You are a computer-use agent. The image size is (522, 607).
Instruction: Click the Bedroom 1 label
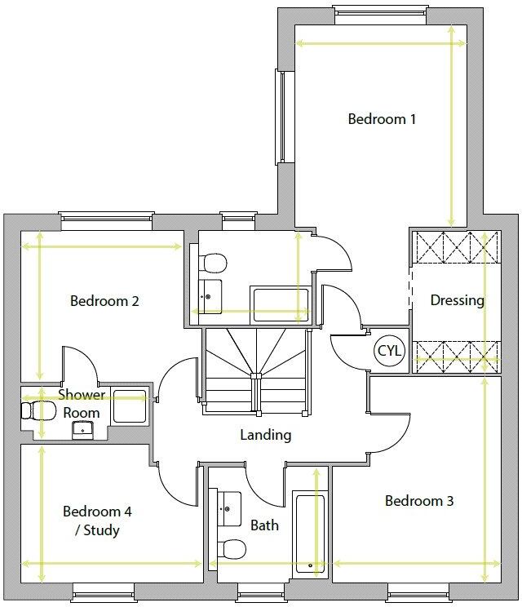pyautogui.click(x=382, y=119)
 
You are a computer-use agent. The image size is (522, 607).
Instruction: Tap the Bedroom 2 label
pyautogui.click(x=104, y=301)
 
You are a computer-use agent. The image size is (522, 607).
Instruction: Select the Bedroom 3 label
pyautogui.click(x=419, y=501)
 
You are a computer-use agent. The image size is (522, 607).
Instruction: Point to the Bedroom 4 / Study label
pyautogui.click(x=97, y=521)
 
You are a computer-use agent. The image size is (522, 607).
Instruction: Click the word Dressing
pyautogui.click(x=458, y=300)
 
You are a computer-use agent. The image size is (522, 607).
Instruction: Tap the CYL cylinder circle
pyautogui.click(x=388, y=351)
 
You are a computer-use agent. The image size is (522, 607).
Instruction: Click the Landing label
pyautogui.click(x=265, y=435)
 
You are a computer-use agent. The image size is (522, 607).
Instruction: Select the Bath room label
pyautogui.click(x=264, y=525)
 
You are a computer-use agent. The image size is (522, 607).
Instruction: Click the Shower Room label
pyautogui.click(x=82, y=404)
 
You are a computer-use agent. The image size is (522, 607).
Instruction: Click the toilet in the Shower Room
pyautogui.click(x=40, y=408)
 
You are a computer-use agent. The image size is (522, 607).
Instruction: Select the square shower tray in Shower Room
pyautogui.click(x=129, y=406)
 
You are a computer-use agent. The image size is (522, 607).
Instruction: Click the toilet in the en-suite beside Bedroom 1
pyautogui.click(x=214, y=263)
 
